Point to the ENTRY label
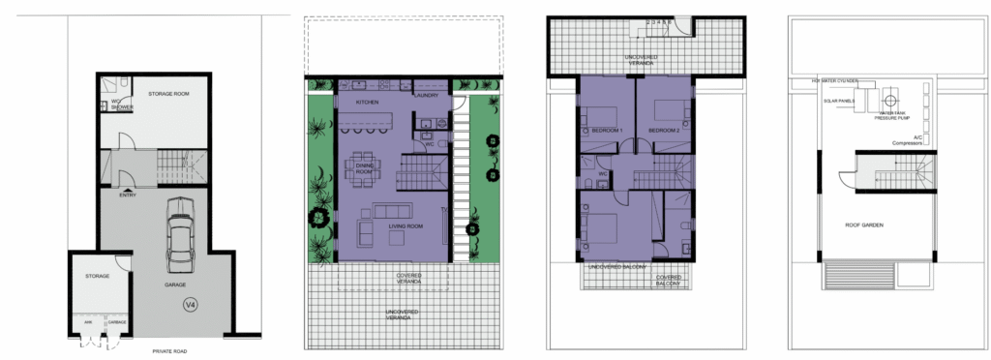tap(127, 195)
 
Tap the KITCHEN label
tap(367, 102)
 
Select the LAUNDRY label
tap(426, 95)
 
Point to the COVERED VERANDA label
tap(408, 278)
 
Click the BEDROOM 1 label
tap(606, 129)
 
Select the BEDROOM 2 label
tap(665, 129)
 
